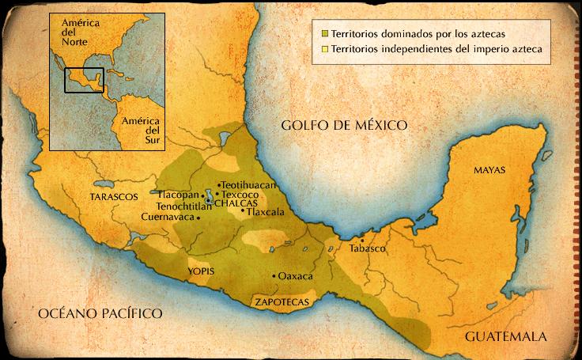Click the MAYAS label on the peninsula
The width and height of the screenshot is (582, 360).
[x=489, y=170]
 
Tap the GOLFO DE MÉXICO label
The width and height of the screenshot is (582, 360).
[x=343, y=125]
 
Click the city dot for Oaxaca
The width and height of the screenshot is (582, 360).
[x=274, y=276]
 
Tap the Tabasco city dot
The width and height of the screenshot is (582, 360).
[x=362, y=240]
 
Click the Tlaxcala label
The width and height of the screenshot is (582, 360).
[x=264, y=212]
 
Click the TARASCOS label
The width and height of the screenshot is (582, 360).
[x=114, y=195]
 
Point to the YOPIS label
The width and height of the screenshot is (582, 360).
[x=201, y=271]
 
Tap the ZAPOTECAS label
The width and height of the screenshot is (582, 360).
[x=281, y=302]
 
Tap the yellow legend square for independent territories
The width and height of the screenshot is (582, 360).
[x=325, y=49]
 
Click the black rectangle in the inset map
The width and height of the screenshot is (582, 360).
[x=84, y=80]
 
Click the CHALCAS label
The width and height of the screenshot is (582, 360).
[x=232, y=203]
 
